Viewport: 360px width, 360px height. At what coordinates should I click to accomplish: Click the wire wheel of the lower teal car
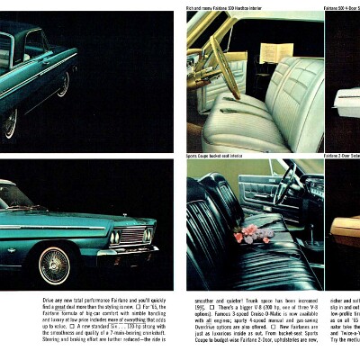[54, 265]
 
